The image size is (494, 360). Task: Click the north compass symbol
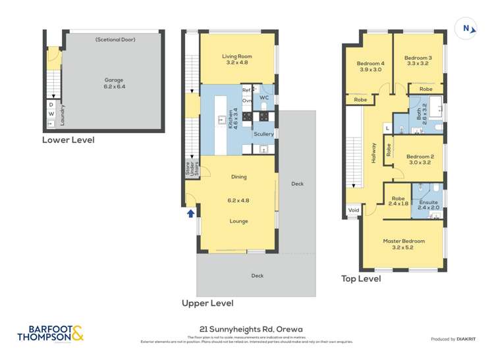[x=466, y=28]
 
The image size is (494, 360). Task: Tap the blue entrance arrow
[x=191, y=213]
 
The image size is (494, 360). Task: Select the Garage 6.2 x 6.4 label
[x=114, y=83]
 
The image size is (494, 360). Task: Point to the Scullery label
[x=263, y=134]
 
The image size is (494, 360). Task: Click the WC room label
[x=264, y=97]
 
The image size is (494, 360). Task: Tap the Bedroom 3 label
[x=419, y=61]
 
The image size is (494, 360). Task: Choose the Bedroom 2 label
[x=419, y=159]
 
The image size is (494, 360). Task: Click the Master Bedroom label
[x=404, y=244]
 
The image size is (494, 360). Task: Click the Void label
[x=354, y=211]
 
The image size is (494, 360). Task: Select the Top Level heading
[x=360, y=278]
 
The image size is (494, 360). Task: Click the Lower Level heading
[x=68, y=140]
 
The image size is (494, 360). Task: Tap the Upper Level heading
[x=207, y=303]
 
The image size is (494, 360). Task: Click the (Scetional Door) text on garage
[x=114, y=39]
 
